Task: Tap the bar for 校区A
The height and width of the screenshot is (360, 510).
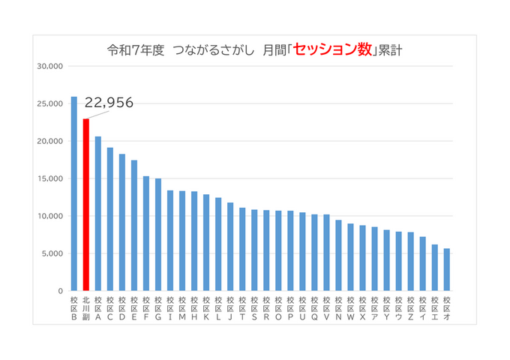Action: point(98,213)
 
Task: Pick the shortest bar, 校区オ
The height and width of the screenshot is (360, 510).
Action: point(446,269)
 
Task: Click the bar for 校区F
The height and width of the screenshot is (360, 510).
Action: point(146,233)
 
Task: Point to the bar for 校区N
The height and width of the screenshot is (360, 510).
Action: point(338,255)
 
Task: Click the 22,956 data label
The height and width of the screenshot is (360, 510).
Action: point(108,103)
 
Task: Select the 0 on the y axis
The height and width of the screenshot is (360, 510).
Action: point(61,291)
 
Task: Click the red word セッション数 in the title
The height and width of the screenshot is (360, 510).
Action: point(331,50)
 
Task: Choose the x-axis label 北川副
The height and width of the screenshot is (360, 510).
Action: point(86,307)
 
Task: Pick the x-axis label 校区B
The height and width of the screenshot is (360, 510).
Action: point(74,307)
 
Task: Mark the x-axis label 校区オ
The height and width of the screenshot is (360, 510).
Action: point(446,307)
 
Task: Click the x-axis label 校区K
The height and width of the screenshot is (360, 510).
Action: point(206,307)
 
